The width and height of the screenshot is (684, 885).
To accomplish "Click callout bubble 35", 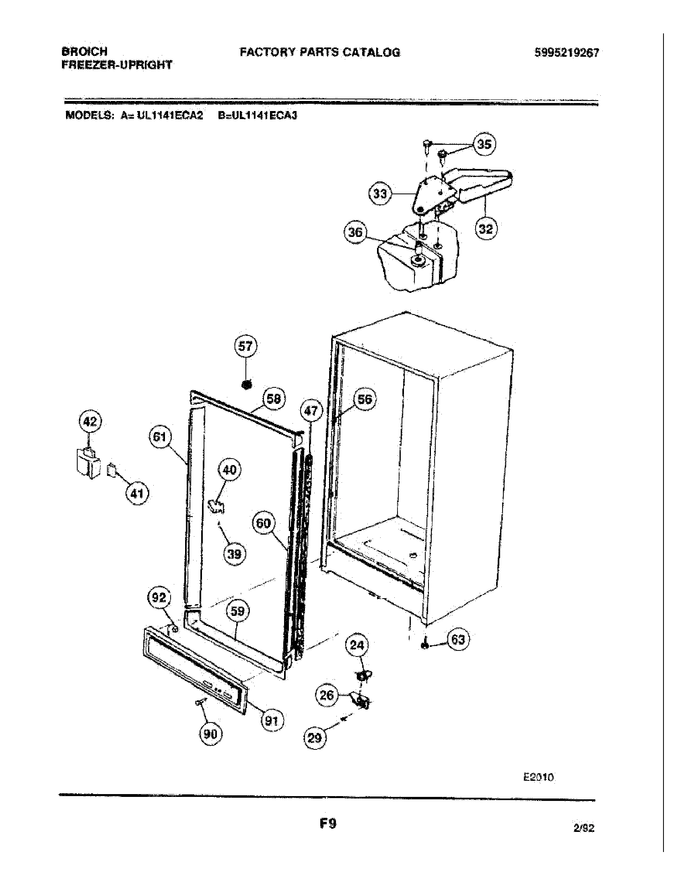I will click(x=484, y=144).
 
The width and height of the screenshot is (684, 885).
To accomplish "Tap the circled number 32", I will click(x=486, y=229).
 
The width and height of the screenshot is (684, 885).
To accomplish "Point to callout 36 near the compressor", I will click(x=355, y=233).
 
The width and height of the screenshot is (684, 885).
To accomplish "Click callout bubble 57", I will click(x=245, y=346).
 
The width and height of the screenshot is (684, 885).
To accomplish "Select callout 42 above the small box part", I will click(x=90, y=422).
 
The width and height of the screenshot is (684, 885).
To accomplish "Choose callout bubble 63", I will click(x=458, y=640).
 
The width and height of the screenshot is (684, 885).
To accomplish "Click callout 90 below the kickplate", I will click(x=210, y=734).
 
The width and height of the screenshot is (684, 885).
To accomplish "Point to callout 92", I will click(x=159, y=597).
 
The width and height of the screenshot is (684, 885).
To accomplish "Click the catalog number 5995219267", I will click(x=567, y=53).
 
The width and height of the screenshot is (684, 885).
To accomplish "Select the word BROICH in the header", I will click(x=84, y=51).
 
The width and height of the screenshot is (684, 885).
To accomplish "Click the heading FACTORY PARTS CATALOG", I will click(x=320, y=52).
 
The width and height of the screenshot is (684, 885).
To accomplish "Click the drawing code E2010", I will click(x=538, y=777).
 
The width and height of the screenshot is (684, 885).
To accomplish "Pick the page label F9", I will click(x=328, y=824).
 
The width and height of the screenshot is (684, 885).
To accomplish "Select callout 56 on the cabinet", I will click(x=365, y=399).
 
